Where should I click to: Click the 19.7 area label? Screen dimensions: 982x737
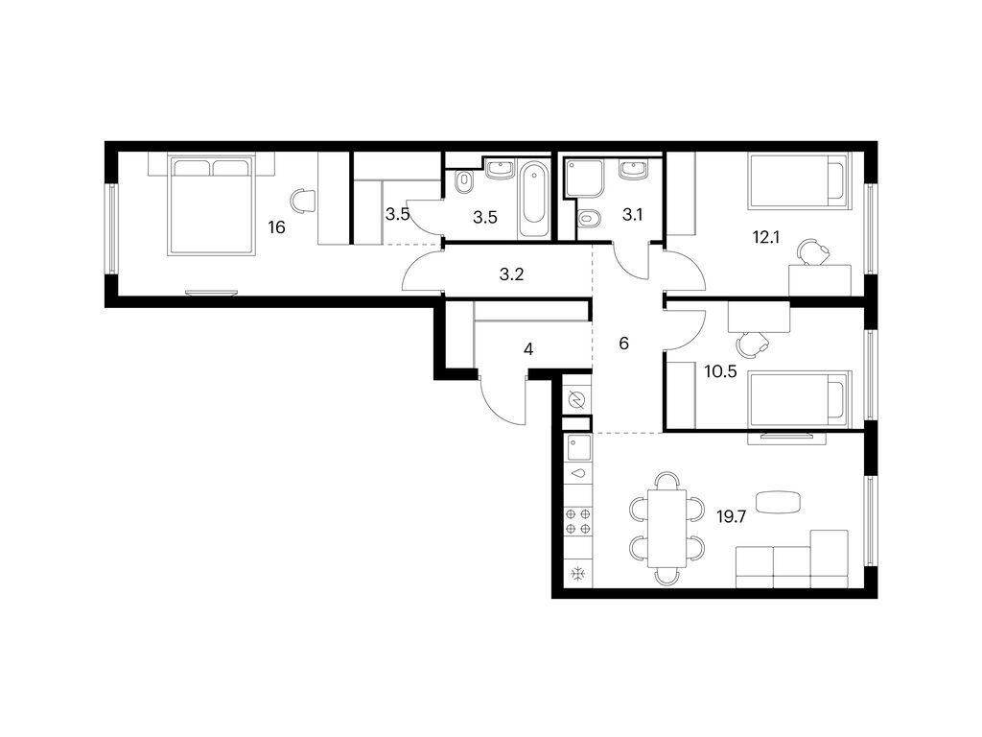[732, 517]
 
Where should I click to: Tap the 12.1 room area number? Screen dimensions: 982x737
[765, 238]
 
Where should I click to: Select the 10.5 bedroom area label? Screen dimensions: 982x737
[720, 371]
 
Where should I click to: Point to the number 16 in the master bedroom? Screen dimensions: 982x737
[276, 227]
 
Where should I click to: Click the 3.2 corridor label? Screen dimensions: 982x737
[511, 273]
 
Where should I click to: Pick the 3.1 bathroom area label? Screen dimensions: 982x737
[632, 215]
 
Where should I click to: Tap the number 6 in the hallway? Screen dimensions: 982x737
[623, 344]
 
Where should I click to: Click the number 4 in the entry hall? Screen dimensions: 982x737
[528, 349]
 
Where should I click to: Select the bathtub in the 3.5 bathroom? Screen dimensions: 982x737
[534, 200]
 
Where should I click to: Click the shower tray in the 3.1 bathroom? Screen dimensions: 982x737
[585, 179]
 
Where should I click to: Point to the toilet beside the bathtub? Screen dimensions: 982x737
[463, 181]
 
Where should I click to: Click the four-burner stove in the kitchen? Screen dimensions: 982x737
[578, 521]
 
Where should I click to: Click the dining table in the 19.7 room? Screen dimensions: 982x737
[666, 528]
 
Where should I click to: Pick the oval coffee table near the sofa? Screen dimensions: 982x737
[779, 502]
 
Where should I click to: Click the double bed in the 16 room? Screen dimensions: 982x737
[212, 205]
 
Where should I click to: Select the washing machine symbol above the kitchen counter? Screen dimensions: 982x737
[576, 400]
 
